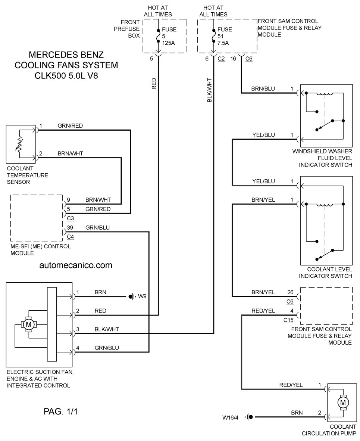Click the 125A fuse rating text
coord(169,43)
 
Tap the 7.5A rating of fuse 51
coord(223,43)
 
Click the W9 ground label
coord(142,296)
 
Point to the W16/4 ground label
coord(230,417)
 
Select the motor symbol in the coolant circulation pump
coord(343,403)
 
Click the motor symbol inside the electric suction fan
coord(28,324)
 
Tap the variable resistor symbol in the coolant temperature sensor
coord(19,144)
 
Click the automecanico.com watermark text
coord(76,265)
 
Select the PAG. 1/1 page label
coord(60,412)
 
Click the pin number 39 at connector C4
coord(70,227)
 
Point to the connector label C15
coord(288,320)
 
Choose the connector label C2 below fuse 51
coord(221,59)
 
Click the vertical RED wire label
coord(154,84)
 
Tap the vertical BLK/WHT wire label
coord(209,90)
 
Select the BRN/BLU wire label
coord(263,88)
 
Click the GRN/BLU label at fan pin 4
coord(107,348)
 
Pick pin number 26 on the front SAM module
coord(290,292)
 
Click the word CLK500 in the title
coord(51,76)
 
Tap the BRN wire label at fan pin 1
coord(100,292)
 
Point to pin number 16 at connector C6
coord(233,59)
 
